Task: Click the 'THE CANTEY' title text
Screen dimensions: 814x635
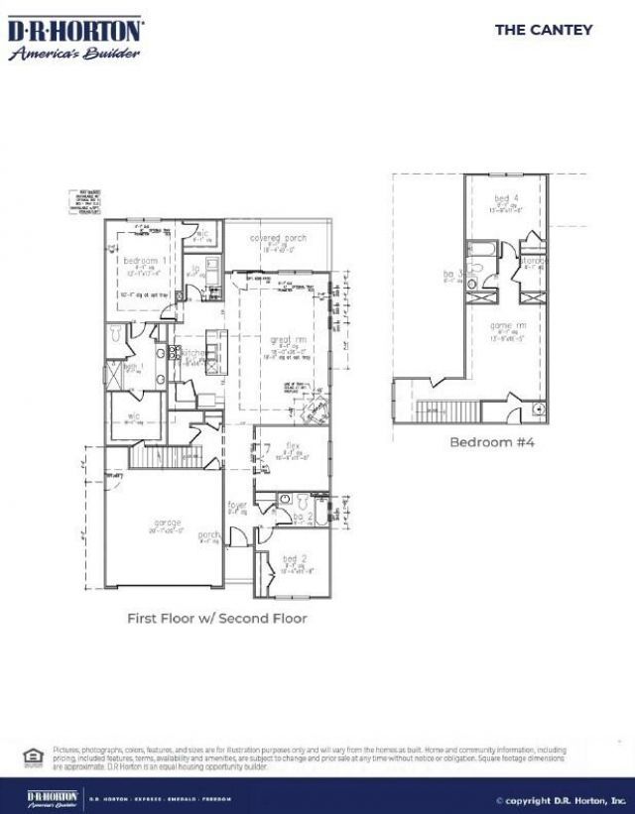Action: click(x=544, y=30)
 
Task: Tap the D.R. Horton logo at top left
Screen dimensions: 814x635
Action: click(x=75, y=39)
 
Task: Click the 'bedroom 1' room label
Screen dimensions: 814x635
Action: click(x=141, y=261)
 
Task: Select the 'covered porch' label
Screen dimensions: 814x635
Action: click(x=279, y=239)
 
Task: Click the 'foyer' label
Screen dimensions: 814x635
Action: click(x=237, y=505)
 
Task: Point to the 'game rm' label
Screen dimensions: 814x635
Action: click(x=508, y=325)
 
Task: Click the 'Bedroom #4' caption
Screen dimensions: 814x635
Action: click(x=492, y=442)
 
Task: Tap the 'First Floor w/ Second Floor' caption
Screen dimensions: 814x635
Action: click(x=216, y=618)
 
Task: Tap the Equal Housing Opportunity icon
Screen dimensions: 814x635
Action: click(x=34, y=757)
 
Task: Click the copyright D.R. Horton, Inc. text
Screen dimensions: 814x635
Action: click(x=561, y=799)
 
